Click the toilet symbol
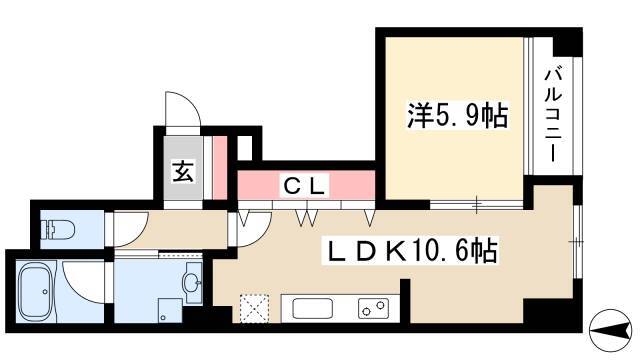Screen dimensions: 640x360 click(58, 229)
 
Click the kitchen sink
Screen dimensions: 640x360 click(313, 309)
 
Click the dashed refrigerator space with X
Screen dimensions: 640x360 click(255, 308)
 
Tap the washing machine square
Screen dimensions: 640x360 click(170, 311)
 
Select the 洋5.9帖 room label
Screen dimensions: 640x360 click(457, 116)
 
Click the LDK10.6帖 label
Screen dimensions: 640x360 click(413, 251)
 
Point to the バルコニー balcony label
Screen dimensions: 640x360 click(553, 116)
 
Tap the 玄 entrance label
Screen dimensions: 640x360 click(183, 172)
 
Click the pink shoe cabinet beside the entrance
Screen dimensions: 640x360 click(220, 168)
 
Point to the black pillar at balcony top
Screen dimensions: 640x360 click(567, 42)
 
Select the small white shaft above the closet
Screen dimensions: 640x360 click(244, 147)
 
